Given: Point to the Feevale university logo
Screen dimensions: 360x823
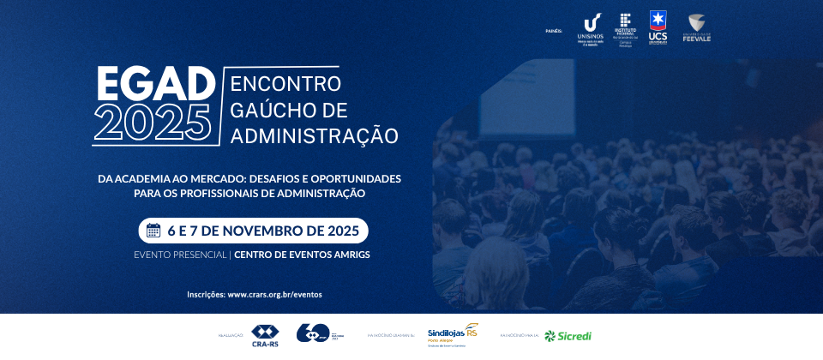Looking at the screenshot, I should pyautogui.click(x=696, y=27).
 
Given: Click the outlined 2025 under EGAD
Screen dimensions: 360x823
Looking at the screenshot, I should pyautogui.click(x=153, y=123).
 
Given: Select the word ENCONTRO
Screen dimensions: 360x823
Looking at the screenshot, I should pyautogui.click(x=286, y=84).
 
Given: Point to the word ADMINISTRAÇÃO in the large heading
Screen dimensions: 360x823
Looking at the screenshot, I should pyautogui.click(x=315, y=135).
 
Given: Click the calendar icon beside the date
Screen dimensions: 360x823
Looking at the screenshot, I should pyautogui.click(x=153, y=231).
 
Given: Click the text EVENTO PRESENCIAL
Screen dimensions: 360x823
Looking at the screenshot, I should pyautogui.click(x=179, y=255).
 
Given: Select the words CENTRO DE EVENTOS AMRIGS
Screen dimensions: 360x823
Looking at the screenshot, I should pyautogui.click(x=302, y=255).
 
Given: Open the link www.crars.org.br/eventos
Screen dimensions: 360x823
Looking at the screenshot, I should pyautogui.click(x=274, y=294).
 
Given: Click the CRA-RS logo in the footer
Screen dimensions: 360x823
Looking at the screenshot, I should pyautogui.click(x=265, y=335).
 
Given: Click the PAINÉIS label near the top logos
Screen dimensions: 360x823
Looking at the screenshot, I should pyautogui.click(x=554, y=30).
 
